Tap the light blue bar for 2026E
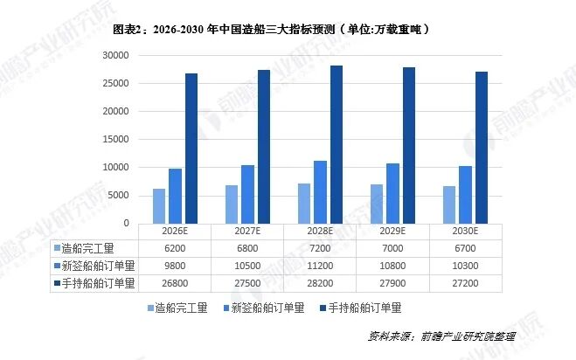159,206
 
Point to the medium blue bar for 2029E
393,193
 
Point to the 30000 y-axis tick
115,55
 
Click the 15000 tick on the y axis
115,139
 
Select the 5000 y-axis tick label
118,195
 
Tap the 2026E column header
174,232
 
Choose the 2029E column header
392,232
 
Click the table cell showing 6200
174,248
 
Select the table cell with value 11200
320,266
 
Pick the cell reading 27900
392,283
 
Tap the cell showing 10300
466,266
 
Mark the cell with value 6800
247,248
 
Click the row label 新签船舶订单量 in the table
95,266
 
